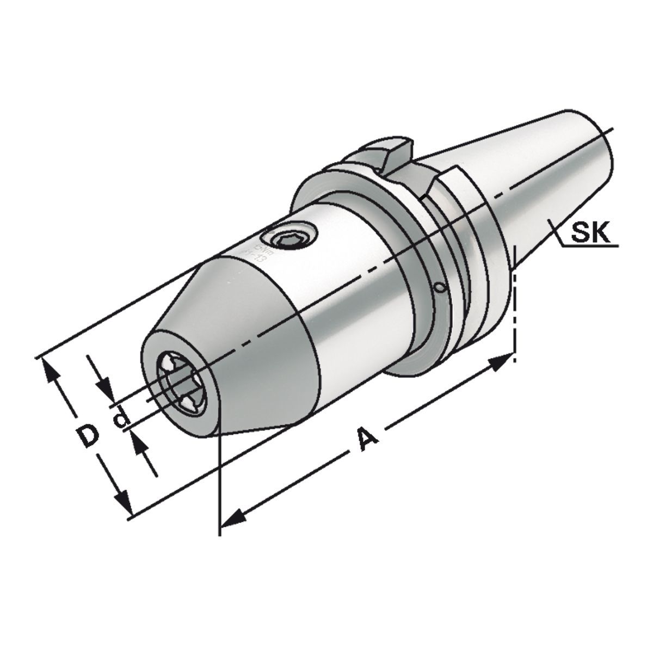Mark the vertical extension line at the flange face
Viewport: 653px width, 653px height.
click(515, 305)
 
